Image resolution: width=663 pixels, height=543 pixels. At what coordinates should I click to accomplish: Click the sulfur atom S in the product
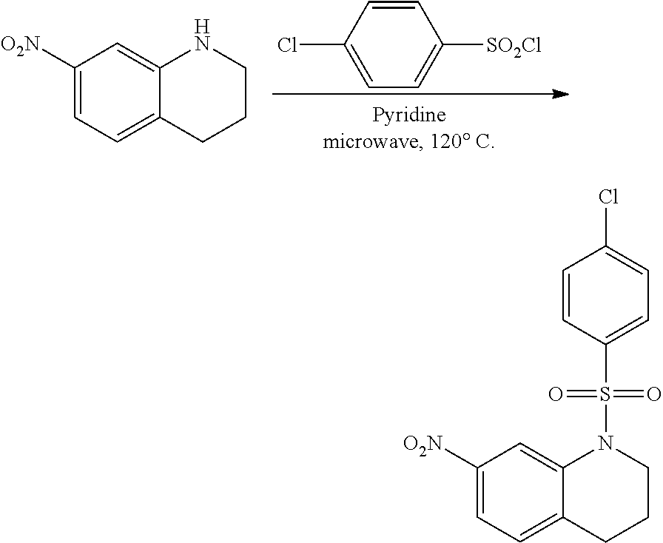[606, 394]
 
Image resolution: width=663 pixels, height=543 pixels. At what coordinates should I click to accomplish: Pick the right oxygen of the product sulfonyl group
[653, 394]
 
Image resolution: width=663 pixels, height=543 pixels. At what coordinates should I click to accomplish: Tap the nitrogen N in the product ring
[606, 443]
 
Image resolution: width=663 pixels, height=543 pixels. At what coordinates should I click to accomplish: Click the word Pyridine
[409, 116]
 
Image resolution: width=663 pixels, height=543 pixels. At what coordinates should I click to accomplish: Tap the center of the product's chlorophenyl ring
[606, 297]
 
